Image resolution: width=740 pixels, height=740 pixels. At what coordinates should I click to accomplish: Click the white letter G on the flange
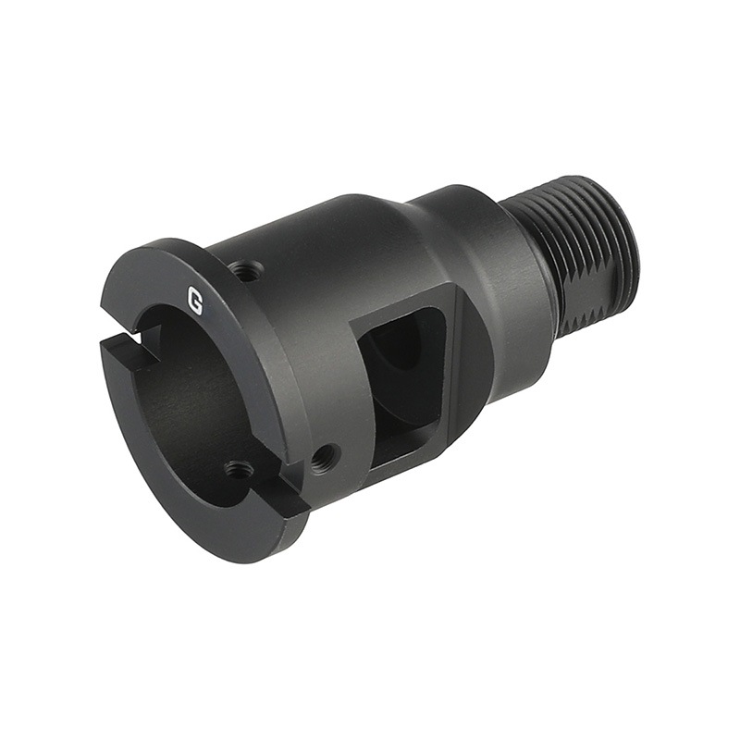pyautogui.click(x=194, y=300)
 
